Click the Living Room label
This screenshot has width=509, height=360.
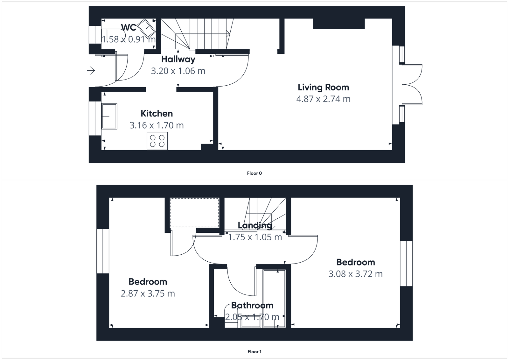[323, 87]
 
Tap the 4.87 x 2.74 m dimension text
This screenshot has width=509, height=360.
[323, 99]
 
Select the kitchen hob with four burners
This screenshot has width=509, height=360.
[157, 141]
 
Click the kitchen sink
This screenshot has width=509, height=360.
[109, 116]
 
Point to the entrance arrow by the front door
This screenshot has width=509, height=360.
[91, 70]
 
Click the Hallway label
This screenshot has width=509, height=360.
[178, 59]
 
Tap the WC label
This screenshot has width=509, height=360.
[129, 28]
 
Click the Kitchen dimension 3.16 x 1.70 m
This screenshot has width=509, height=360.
[157, 125]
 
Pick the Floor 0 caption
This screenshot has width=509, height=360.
[254, 173]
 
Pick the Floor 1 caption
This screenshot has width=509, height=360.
[254, 352]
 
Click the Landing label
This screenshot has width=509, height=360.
[255, 225]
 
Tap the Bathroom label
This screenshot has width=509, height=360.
[252, 306]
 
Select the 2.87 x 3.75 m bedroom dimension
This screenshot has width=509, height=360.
[148, 293]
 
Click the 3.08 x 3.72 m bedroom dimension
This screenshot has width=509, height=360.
[355, 274]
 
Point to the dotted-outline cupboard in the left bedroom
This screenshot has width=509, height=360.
[194, 212]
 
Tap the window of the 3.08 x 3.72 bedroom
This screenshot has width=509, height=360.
[406, 263]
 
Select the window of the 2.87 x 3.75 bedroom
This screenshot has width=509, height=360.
[103, 251]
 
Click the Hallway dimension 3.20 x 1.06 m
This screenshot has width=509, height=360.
[178, 71]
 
